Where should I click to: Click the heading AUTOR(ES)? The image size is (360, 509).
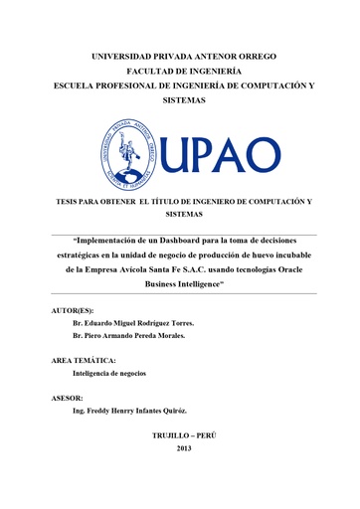point(85,311)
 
